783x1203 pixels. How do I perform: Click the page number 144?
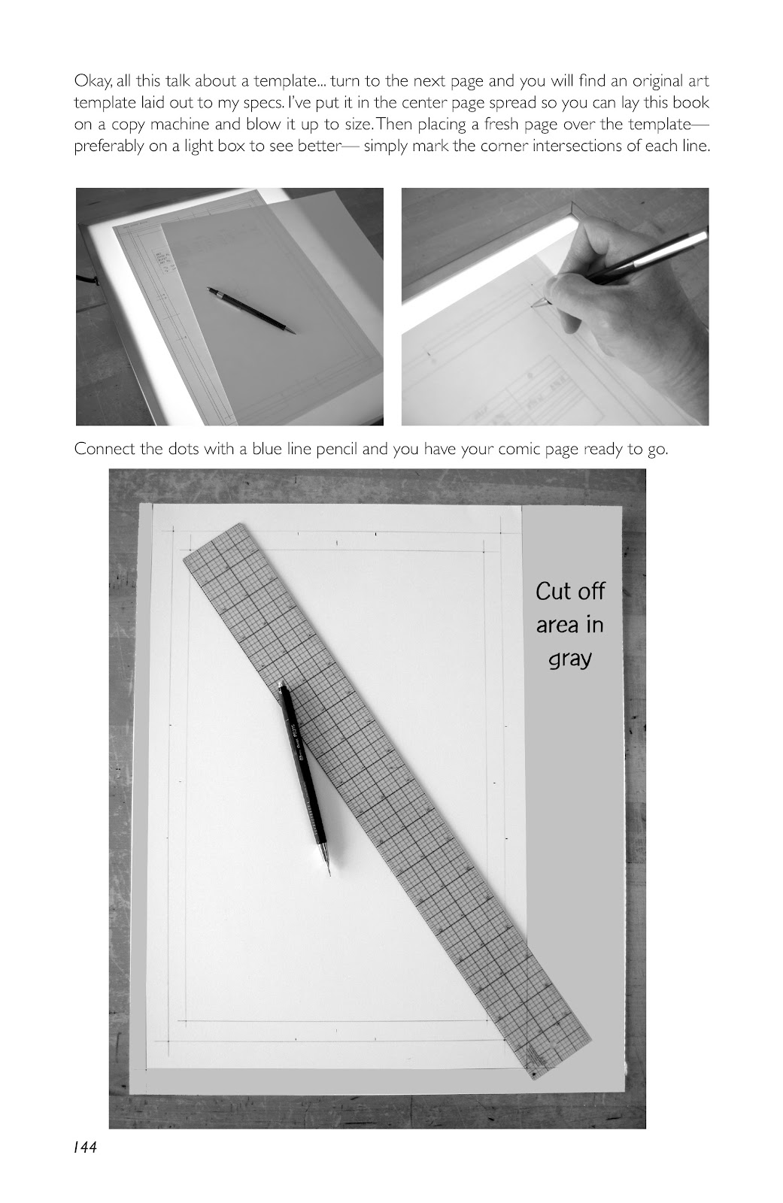[86, 1147]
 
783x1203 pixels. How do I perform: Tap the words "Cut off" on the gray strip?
[569, 591]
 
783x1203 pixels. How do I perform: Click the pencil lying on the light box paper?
[251, 311]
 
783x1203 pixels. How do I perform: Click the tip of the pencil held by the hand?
[533, 306]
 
